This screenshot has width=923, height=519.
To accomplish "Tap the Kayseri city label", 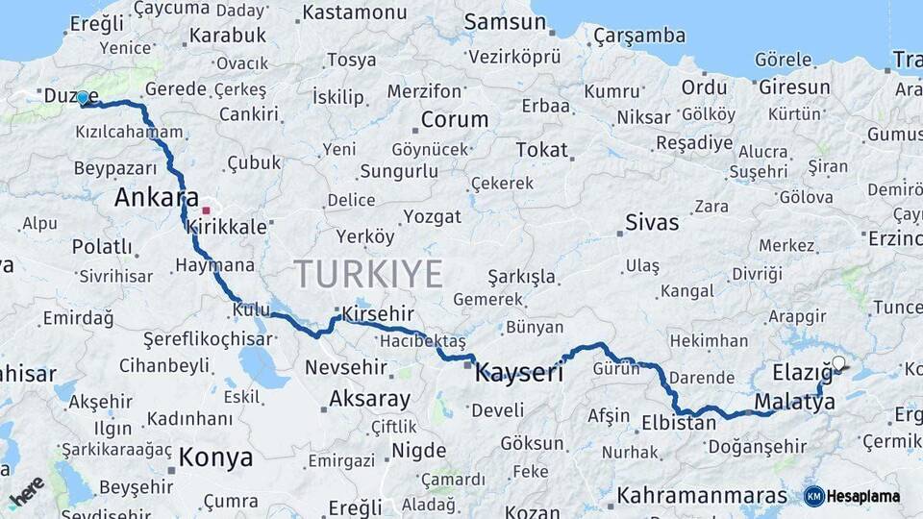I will point(519,373).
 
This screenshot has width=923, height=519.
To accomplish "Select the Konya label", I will point(216,457).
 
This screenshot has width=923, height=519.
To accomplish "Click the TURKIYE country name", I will point(368,274).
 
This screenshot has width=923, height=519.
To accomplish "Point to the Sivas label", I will point(652,223).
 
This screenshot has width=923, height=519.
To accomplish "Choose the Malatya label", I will point(795,403).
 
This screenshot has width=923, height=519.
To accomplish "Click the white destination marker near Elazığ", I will point(838,363).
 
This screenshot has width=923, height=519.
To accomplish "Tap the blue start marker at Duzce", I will point(83,98).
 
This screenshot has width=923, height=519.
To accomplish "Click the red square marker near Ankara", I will point(206,209).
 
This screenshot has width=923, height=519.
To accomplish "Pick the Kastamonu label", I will point(355,13).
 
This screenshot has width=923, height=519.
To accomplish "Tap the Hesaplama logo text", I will point(863,497).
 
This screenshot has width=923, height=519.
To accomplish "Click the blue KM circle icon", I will point(813,496).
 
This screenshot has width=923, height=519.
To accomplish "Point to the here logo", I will point(26,491).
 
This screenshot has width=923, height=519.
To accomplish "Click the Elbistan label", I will point(679,423).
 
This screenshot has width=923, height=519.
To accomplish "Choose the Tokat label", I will point(542,150).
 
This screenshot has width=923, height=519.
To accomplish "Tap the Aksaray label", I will point(370,398).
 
